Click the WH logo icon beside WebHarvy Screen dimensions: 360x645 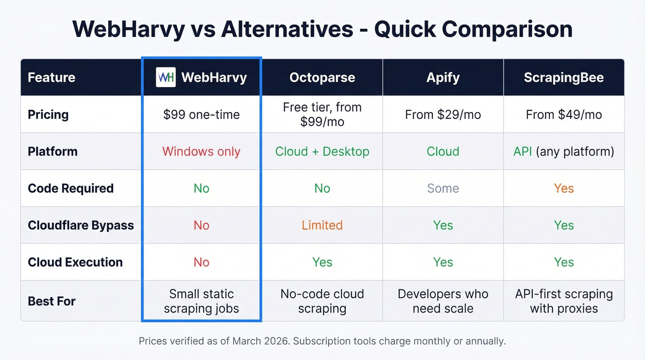click(165, 77)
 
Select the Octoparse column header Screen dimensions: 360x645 click(322, 77)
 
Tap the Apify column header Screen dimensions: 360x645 click(443, 77)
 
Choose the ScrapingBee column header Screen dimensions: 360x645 click(563, 77)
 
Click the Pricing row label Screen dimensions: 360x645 click(48, 115)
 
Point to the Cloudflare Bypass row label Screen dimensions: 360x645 click(81, 225)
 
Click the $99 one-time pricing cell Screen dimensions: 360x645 click(201, 115)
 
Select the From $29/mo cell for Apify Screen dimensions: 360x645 click(443, 115)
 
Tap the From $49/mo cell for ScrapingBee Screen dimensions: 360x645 click(563, 115)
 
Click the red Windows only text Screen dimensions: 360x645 click(201, 152)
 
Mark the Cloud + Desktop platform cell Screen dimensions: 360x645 click(322, 152)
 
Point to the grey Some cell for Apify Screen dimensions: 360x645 click(443, 189)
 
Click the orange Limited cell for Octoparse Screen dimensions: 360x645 click(322, 225)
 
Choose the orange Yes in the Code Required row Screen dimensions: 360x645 click(563, 189)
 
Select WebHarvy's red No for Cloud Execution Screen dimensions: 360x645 click(201, 262)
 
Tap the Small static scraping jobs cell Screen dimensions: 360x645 click(201, 301)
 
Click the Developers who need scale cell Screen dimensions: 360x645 click(443, 301)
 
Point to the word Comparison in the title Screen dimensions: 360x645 click(507, 29)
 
